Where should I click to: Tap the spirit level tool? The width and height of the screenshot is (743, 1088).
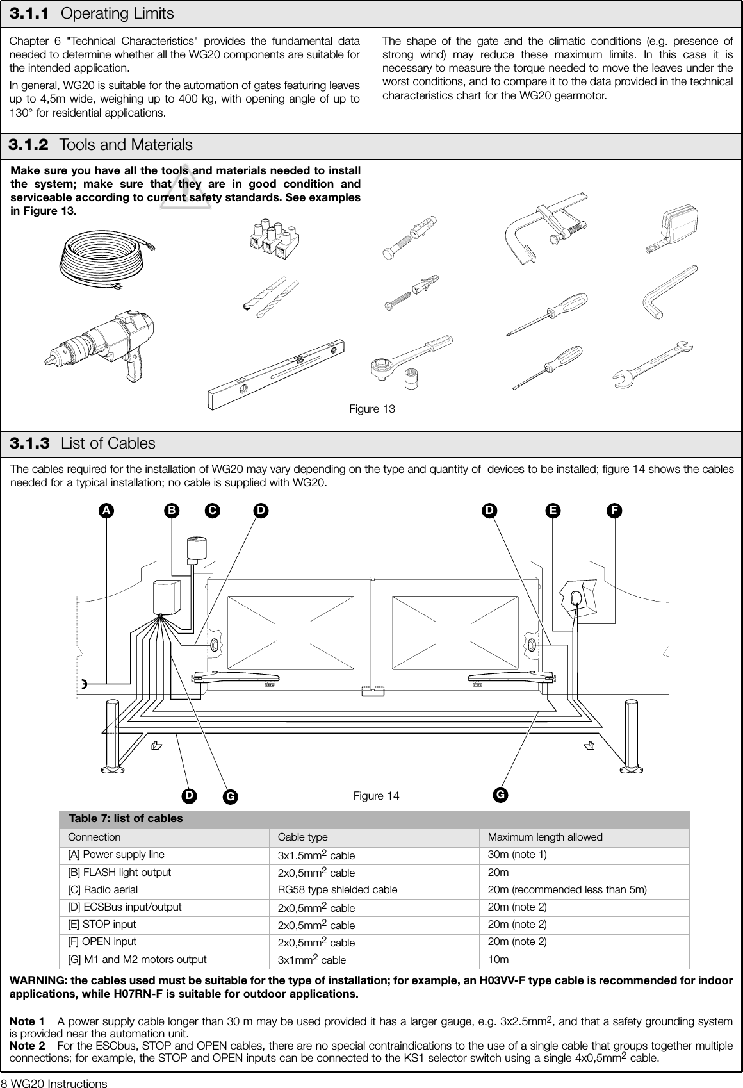(x=279, y=374)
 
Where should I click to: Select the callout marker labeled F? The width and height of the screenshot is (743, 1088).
(x=614, y=511)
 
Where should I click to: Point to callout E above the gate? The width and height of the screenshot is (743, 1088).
(x=552, y=511)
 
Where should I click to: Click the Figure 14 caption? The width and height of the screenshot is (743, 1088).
(x=376, y=796)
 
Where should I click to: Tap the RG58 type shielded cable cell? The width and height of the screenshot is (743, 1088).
(x=337, y=889)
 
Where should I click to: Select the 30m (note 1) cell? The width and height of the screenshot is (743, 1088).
(x=518, y=854)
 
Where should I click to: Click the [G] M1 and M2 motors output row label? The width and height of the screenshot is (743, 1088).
(x=137, y=959)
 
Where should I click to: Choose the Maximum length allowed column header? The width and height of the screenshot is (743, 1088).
(x=545, y=837)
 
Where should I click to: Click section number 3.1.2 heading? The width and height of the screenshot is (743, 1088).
(x=28, y=145)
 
